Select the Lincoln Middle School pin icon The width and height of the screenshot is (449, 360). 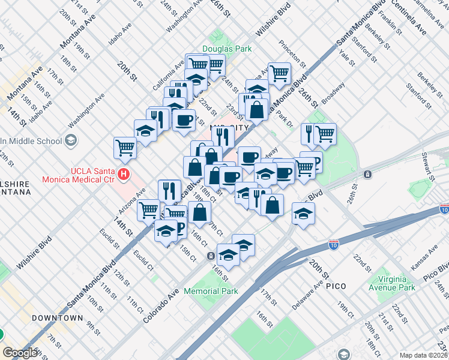click(71, 140)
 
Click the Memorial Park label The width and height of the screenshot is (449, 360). click(211, 291)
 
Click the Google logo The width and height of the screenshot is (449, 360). click(20, 353)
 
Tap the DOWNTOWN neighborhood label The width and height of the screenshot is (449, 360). click(57, 317)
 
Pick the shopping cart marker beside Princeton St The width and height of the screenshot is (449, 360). click(279, 73)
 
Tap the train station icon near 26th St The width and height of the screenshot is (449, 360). click(367, 174)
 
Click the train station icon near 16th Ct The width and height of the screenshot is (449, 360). click(211, 256)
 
